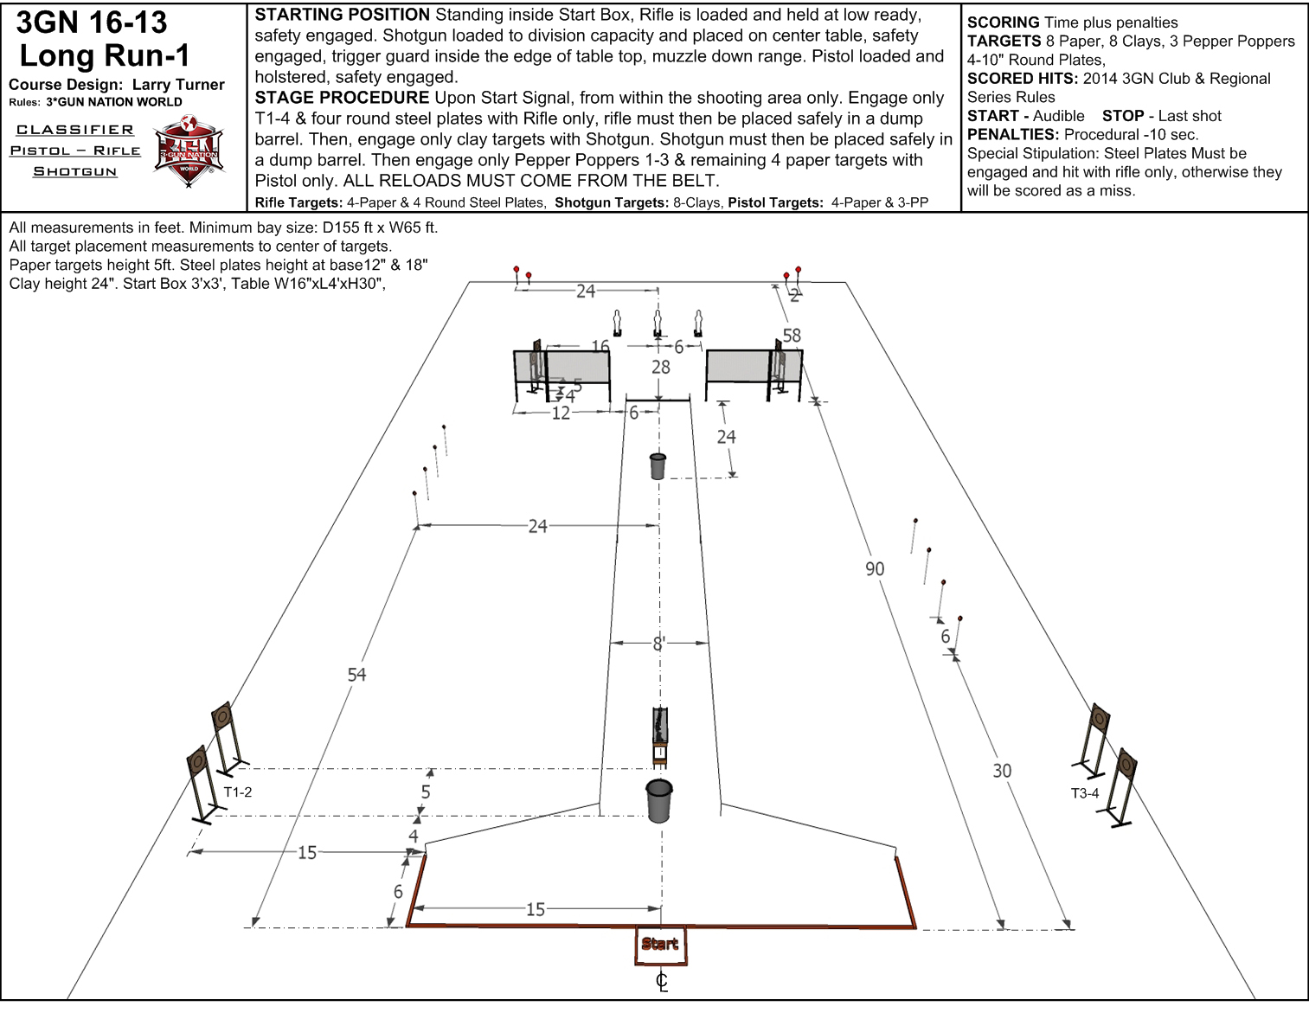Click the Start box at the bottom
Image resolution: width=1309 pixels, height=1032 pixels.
click(x=661, y=945)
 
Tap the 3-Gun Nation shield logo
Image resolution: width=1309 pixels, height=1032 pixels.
click(x=189, y=151)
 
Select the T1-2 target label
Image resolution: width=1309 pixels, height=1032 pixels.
click(x=238, y=792)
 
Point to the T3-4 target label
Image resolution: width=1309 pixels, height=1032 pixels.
click(x=1085, y=793)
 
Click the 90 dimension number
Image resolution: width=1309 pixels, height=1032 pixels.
click(x=875, y=568)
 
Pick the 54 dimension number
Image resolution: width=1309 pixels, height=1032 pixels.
click(x=356, y=675)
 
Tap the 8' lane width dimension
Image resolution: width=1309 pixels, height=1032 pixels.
click(x=659, y=644)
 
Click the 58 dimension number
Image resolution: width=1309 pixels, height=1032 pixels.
click(x=792, y=335)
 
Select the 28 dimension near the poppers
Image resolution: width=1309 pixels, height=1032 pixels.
click(x=661, y=367)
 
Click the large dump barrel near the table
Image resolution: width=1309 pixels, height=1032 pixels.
click(x=658, y=800)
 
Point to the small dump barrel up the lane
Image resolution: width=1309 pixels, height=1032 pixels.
click(x=658, y=466)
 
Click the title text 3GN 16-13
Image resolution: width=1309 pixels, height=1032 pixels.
click(x=91, y=22)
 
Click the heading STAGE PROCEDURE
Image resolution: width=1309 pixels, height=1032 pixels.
click(x=342, y=97)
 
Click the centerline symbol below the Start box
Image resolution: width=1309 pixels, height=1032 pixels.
click(x=662, y=982)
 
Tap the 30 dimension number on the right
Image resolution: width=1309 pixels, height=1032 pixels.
click(x=1002, y=771)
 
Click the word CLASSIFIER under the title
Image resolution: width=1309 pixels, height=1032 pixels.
click(x=74, y=130)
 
